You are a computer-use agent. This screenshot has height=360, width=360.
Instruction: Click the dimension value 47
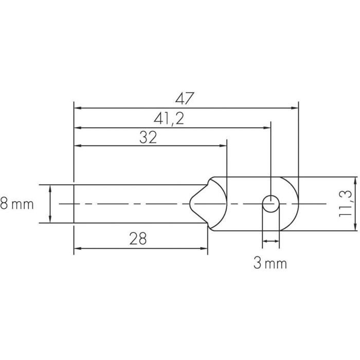tap(186, 98)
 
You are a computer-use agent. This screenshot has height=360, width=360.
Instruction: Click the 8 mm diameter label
tap(17, 205)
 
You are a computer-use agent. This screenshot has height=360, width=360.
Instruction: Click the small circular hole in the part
tap(271, 204)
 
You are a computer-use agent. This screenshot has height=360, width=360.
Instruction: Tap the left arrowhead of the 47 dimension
tap(79, 108)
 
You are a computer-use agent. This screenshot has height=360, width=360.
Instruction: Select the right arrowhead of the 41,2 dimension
tap(266, 128)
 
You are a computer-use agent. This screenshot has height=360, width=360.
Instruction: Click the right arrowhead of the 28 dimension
tap(204, 249)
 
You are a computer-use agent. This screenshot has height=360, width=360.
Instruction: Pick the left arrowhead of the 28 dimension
tap(79, 249)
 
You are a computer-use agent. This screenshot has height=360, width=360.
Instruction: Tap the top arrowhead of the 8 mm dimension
tap(50, 189)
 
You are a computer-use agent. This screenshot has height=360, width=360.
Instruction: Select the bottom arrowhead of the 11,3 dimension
tap(355, 226)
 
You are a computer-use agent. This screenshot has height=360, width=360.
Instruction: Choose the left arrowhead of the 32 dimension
tap(79, 146)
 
